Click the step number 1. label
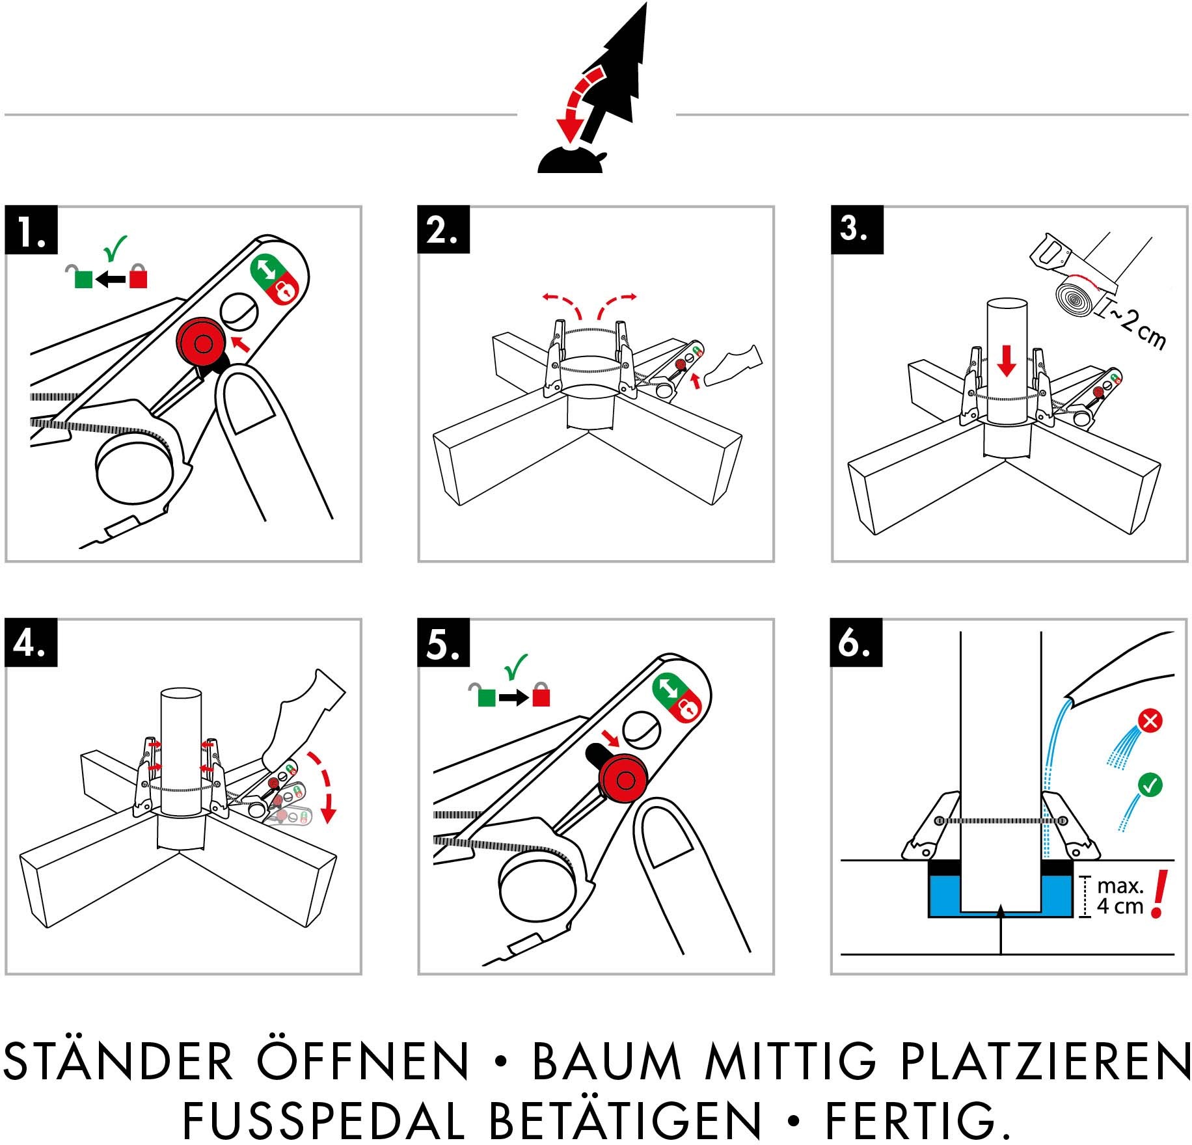coord(31,230)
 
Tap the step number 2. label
coord(443,230)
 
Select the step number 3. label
coord(856,230)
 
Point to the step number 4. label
coord(31,643)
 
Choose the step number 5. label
coord(443,643)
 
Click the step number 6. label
coord(856,643)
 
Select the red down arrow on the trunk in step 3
coord(1007,360)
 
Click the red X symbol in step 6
coord(1150,721)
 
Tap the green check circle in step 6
coord(1150,785)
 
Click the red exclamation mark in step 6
coord(1159,895)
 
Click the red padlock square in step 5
coord(541,697)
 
